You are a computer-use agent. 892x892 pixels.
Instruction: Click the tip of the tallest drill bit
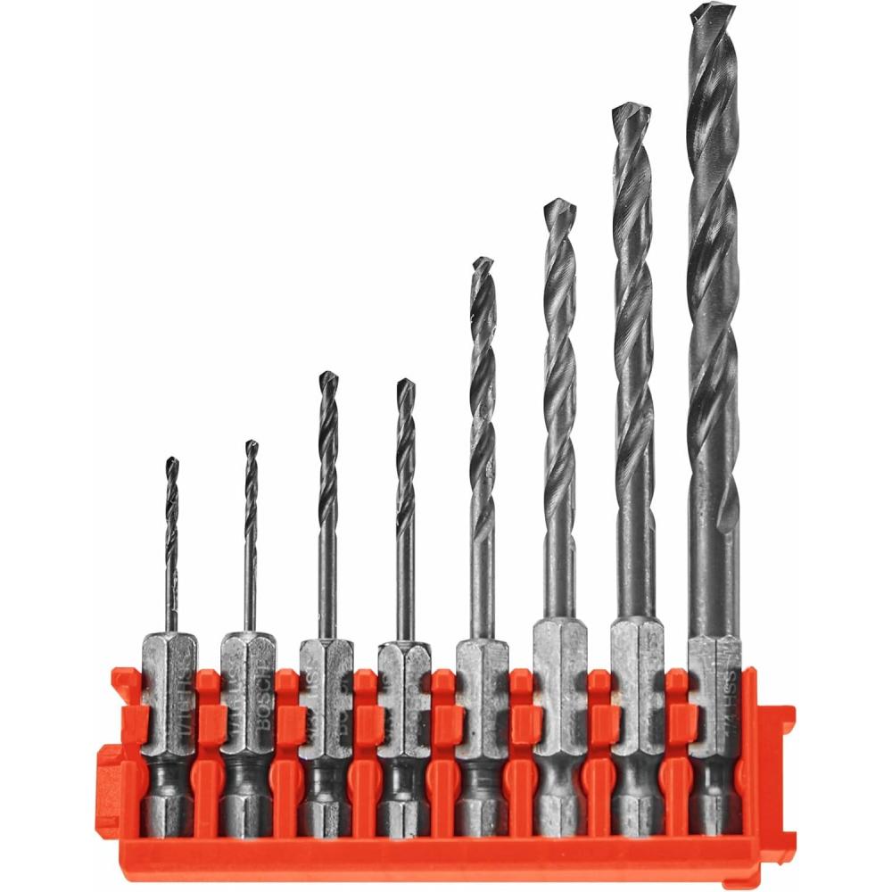pyautogui.click(x=713, y=7)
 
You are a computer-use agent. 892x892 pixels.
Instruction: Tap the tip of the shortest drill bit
pyautogui.click(x=171, y=460)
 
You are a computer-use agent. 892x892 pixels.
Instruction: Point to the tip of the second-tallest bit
pyautogui.click(x=631, y=107)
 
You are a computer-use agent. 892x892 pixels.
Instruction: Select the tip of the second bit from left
pyautogui.click(x=252, y=442)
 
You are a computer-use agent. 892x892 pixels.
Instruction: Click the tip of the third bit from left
pyautogui.click(x=328, y=375)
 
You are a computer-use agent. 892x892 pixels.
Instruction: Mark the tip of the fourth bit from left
pyautogui.click(x=406, y=382)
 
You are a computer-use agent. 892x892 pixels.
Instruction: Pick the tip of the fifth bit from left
pyautogui.click(x=483, y=260)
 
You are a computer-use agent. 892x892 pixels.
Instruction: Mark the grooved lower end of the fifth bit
pyautogui.click(x=482, y=798)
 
